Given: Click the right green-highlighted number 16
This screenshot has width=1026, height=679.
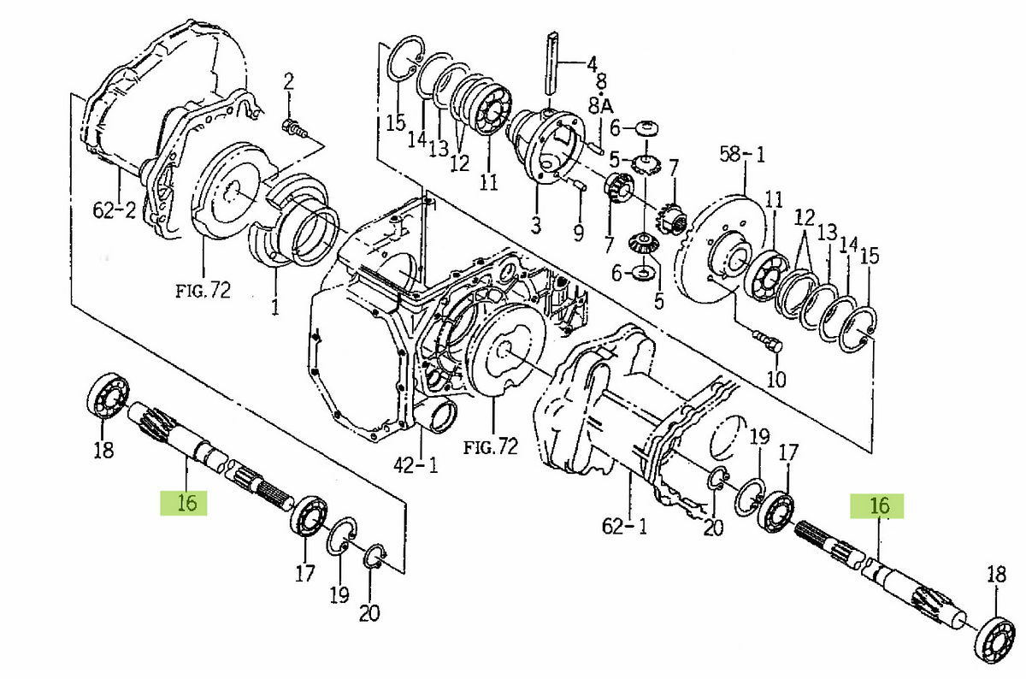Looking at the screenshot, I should [x=880, y=506].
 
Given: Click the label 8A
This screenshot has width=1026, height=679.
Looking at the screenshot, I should [x=602, y=105].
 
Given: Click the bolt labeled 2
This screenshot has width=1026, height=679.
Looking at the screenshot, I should [x=293, y=129].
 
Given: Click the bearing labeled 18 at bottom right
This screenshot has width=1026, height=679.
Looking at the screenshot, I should [x=994, y=635].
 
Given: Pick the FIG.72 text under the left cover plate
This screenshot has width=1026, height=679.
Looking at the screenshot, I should [x=203, y=291].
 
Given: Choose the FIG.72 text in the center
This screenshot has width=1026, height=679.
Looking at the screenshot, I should [x=490, y=446].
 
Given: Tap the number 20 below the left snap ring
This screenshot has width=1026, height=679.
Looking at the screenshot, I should [x=369, y=612].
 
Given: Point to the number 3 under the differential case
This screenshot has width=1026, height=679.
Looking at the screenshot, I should [x=536, y=227].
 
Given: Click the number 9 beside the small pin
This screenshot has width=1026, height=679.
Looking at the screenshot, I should [x=578, y=232].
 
